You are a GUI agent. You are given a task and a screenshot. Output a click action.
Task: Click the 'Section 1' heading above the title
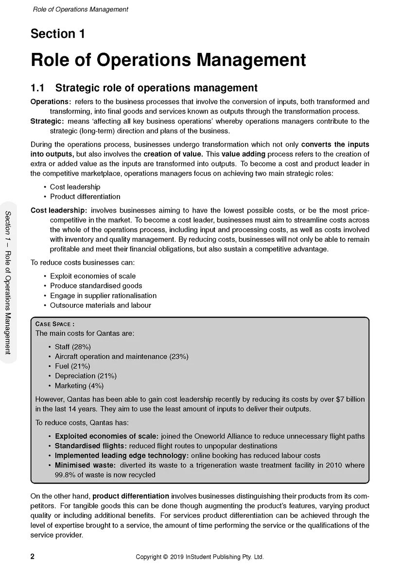tap(57, 34)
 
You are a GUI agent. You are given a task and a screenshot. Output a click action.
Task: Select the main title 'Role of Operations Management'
tap(168, 60)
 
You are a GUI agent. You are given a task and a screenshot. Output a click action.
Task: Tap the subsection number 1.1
tap(37, 88)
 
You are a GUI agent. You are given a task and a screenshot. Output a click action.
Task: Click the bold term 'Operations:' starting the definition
tap(51, 102)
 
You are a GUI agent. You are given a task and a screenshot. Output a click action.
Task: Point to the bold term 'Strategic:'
tap(47, 121)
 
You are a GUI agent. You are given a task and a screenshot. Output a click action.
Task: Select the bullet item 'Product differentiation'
tap(85, 197)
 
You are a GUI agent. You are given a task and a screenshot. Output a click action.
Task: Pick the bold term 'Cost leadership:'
tap(59, 210)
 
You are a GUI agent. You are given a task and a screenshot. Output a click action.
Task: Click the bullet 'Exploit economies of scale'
tap(93, 276)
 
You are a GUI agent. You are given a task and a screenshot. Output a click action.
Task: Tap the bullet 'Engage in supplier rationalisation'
tap(103, 296)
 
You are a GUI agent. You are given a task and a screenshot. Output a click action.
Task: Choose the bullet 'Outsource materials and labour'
tap(101, 305)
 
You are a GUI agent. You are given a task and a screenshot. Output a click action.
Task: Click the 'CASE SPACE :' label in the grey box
tap(55, 324)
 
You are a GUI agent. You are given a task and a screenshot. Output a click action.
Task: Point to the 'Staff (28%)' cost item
tap(72, 347)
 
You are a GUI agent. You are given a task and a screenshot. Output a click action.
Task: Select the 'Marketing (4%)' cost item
tap(79, 386)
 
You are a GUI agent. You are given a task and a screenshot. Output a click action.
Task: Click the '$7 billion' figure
tap(350, 399)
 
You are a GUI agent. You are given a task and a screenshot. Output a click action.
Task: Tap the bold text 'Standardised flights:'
tap(91, 446)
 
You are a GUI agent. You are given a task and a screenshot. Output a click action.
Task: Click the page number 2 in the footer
tap(33, 557)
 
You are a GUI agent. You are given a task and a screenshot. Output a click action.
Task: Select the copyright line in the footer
tap(200, 557)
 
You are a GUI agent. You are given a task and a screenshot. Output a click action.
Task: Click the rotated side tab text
tap(8, 282)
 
